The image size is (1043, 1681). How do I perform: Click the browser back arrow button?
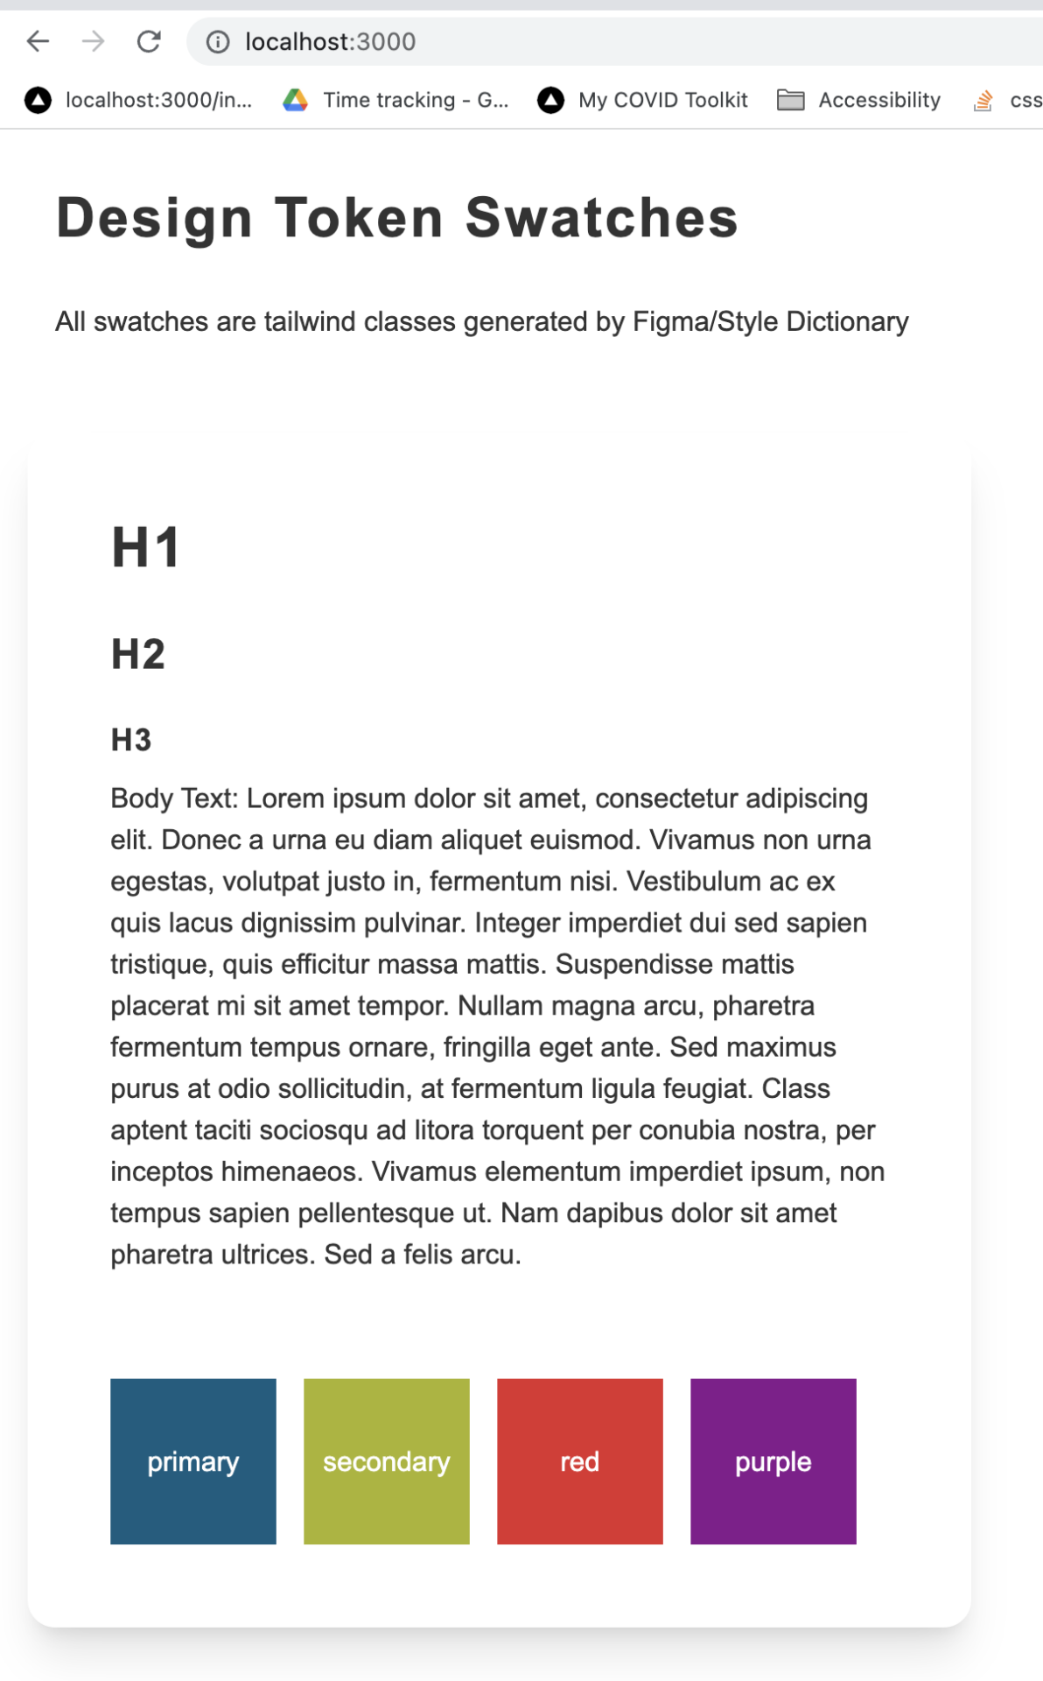[x=38, y=41]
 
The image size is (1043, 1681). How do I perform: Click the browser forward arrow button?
[x=94, y=41]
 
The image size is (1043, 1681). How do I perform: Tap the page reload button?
[x=149, y=41]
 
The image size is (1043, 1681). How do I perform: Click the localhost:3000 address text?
[x=330, y=42]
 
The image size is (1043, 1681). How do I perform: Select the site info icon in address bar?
[x=218, y=42]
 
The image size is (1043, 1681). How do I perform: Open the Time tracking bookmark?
[x=415, y=101]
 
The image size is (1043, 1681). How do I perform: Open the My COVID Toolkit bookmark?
[x=662, y=101]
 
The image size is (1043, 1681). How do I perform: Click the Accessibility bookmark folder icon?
[x=791, y=101]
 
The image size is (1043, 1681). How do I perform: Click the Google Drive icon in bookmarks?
[x=296, y=101]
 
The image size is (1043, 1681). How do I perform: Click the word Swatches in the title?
[x=602, y=218]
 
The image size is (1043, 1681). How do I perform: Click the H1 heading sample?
[x=145, y=548]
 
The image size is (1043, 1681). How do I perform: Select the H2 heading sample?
[x=138, y=654]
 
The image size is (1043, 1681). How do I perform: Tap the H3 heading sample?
[x=131, y=740]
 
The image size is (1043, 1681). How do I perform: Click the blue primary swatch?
[x=193, y=1461]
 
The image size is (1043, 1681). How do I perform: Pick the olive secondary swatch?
[x=387, y=1461]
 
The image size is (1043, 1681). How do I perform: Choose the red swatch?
[x=580, y=1461]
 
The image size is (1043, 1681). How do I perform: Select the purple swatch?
[x=773, y=1461]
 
